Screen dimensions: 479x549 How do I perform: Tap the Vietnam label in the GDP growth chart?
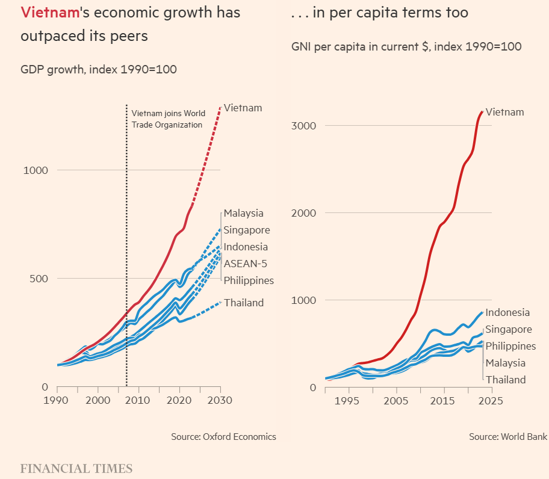243,108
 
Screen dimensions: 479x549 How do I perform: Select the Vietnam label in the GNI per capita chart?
504,112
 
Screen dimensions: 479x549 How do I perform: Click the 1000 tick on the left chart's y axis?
36,170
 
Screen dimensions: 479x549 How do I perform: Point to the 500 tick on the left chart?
39,278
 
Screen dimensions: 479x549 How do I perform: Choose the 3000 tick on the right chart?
305,126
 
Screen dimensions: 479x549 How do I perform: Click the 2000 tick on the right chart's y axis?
305,213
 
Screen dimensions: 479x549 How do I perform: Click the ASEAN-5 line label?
246,264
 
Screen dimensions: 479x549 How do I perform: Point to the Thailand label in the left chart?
244,303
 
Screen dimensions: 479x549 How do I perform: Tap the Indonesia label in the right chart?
507,312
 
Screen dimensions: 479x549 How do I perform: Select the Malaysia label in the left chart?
244,213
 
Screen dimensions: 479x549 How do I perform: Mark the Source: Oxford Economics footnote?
223,437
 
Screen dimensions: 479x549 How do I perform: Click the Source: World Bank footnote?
508,437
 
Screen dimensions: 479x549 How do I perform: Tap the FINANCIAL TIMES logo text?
76,468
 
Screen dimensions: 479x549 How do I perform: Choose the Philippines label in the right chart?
510,346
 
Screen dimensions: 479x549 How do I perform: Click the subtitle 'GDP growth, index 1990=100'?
99,69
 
